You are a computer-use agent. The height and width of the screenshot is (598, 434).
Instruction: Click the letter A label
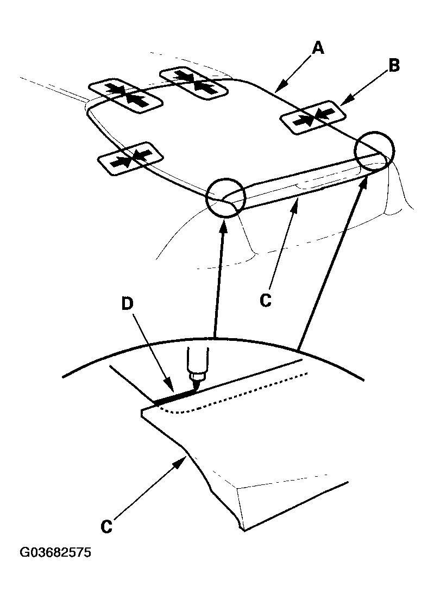pos(318,48)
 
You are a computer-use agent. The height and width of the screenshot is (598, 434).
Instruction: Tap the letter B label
pos(393,66)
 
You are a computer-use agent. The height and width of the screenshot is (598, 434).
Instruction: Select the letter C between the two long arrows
pos(265,300)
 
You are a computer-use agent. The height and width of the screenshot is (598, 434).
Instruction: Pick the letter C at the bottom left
pos(108,526)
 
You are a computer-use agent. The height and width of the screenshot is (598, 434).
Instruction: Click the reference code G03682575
pos(55,553)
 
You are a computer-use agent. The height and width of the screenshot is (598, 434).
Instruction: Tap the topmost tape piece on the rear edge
pos(193,83)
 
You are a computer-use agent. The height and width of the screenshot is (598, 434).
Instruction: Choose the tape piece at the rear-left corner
pos(125,96)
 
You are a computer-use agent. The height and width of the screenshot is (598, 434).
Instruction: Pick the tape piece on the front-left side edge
pos(130,159)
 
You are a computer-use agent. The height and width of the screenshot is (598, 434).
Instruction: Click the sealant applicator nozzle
pos(196,370)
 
